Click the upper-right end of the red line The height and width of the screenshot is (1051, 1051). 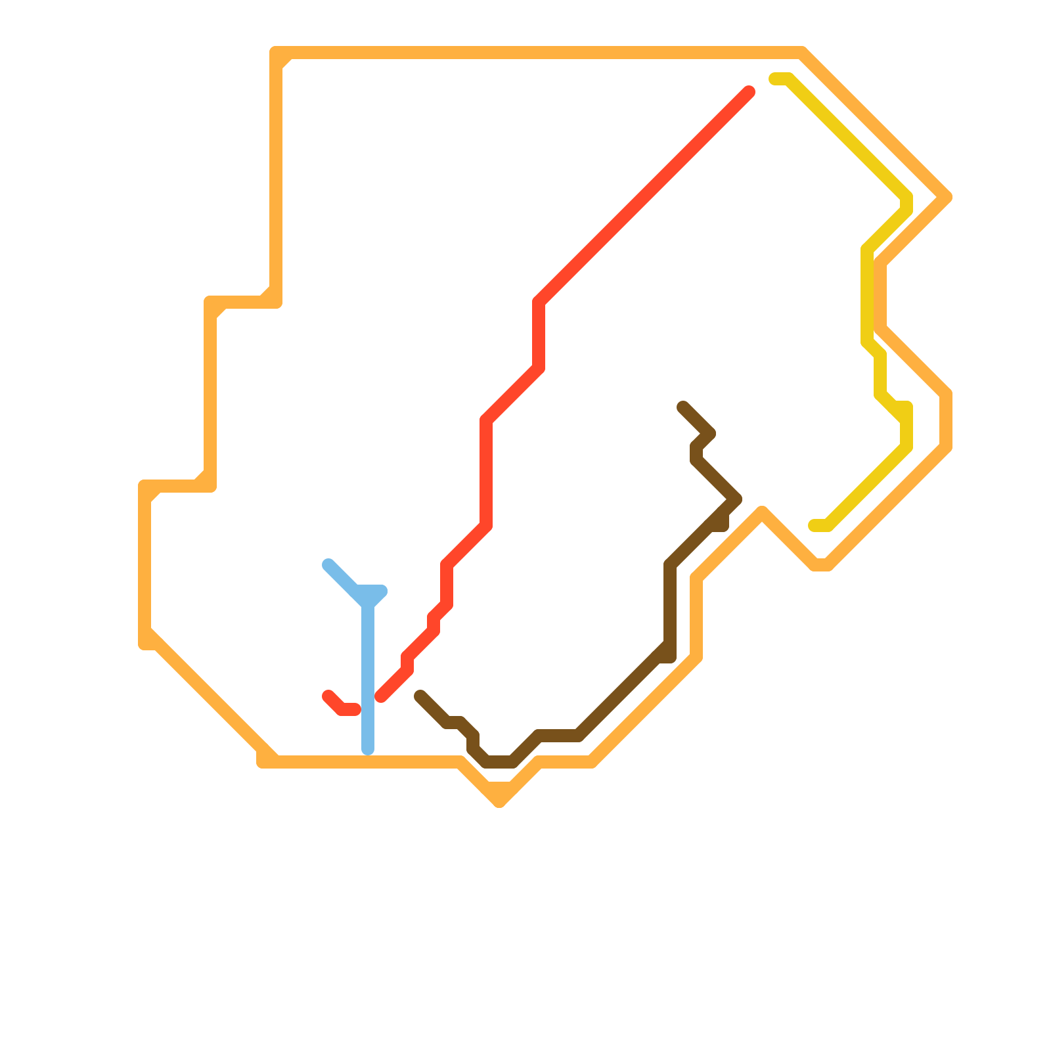coord(749,92)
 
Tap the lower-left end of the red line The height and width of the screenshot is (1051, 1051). coord(328,696)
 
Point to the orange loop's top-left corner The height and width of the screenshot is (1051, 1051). coord(276,53)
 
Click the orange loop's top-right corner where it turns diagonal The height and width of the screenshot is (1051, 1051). coord(803,53)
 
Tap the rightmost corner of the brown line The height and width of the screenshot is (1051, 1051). coord(737,499)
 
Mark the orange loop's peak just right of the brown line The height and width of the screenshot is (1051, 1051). coord(762,511)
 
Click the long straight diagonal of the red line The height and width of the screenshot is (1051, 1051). coord(644,197)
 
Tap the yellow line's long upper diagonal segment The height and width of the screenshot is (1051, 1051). coord(847,138)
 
